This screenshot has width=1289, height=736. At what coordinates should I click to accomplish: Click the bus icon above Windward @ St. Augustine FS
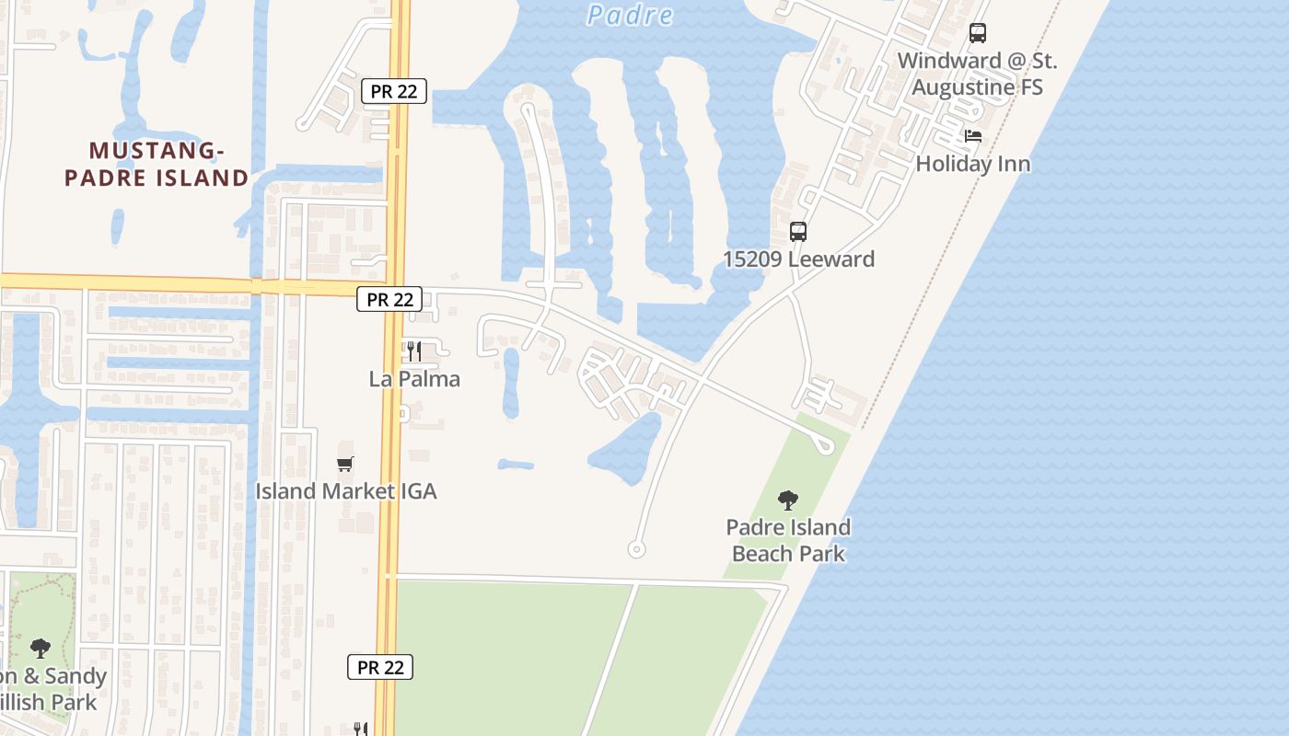(x=977, y=33)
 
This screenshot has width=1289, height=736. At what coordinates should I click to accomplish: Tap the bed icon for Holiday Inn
(x=973, y=136)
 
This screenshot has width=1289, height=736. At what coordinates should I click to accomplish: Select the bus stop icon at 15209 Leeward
(x=798, y=232)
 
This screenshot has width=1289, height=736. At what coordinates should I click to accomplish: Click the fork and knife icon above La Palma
(x=414, y=351)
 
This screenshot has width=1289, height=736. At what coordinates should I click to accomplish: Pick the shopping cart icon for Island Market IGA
(x=345, y=464)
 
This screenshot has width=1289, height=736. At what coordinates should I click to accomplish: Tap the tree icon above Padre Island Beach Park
(x=787, y=500)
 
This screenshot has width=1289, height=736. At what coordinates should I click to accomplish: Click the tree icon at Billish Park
(x=40, y=649)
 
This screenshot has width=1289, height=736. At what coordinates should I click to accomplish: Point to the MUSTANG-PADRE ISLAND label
(x=157, y=164)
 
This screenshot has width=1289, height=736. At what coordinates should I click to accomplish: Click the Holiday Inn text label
(x=972, y=164)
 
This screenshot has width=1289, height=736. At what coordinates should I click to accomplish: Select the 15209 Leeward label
(x=798, y=259)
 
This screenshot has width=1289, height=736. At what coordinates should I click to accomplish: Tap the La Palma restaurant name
(x=414, y=379)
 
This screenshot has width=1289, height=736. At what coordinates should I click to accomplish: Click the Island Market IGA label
(x=345, y=491)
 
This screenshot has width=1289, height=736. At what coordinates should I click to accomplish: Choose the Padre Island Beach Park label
(x=788, y=540)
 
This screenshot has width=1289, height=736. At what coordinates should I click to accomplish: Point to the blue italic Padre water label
(x=630, y=15)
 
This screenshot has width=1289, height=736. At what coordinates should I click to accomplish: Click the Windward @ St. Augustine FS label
(x=977, y=74)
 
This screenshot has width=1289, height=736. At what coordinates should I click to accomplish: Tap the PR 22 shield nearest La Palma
(x=389, y=299)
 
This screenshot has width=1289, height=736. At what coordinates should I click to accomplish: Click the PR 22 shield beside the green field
(x=379, y=667)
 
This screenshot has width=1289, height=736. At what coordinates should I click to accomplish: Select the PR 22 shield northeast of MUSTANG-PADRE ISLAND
(x=394, y=91)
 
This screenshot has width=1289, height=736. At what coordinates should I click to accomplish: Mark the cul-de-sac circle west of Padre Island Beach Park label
(x=635, y=549)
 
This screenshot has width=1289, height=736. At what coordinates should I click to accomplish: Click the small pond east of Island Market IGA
(x=517, y=465)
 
